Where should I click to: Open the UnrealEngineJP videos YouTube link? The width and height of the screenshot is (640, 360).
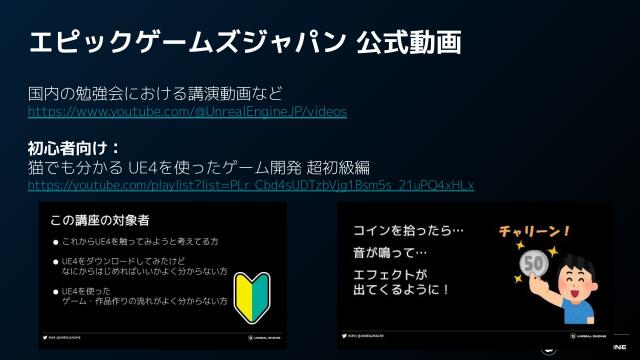[187, 112]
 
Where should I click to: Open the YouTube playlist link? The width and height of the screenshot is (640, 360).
[250, 185]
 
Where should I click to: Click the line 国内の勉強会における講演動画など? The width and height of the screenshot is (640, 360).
[155, 94]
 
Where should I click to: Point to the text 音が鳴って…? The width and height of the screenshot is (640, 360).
[390, 254]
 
